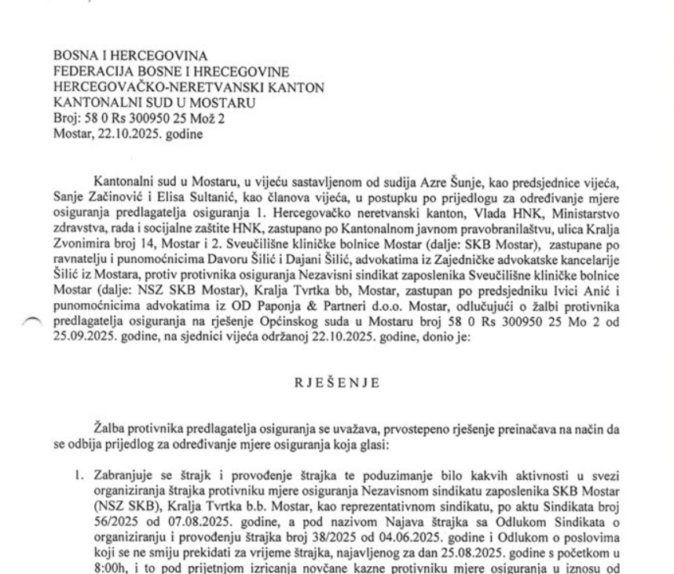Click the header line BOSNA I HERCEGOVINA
click(x=130, y=57)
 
